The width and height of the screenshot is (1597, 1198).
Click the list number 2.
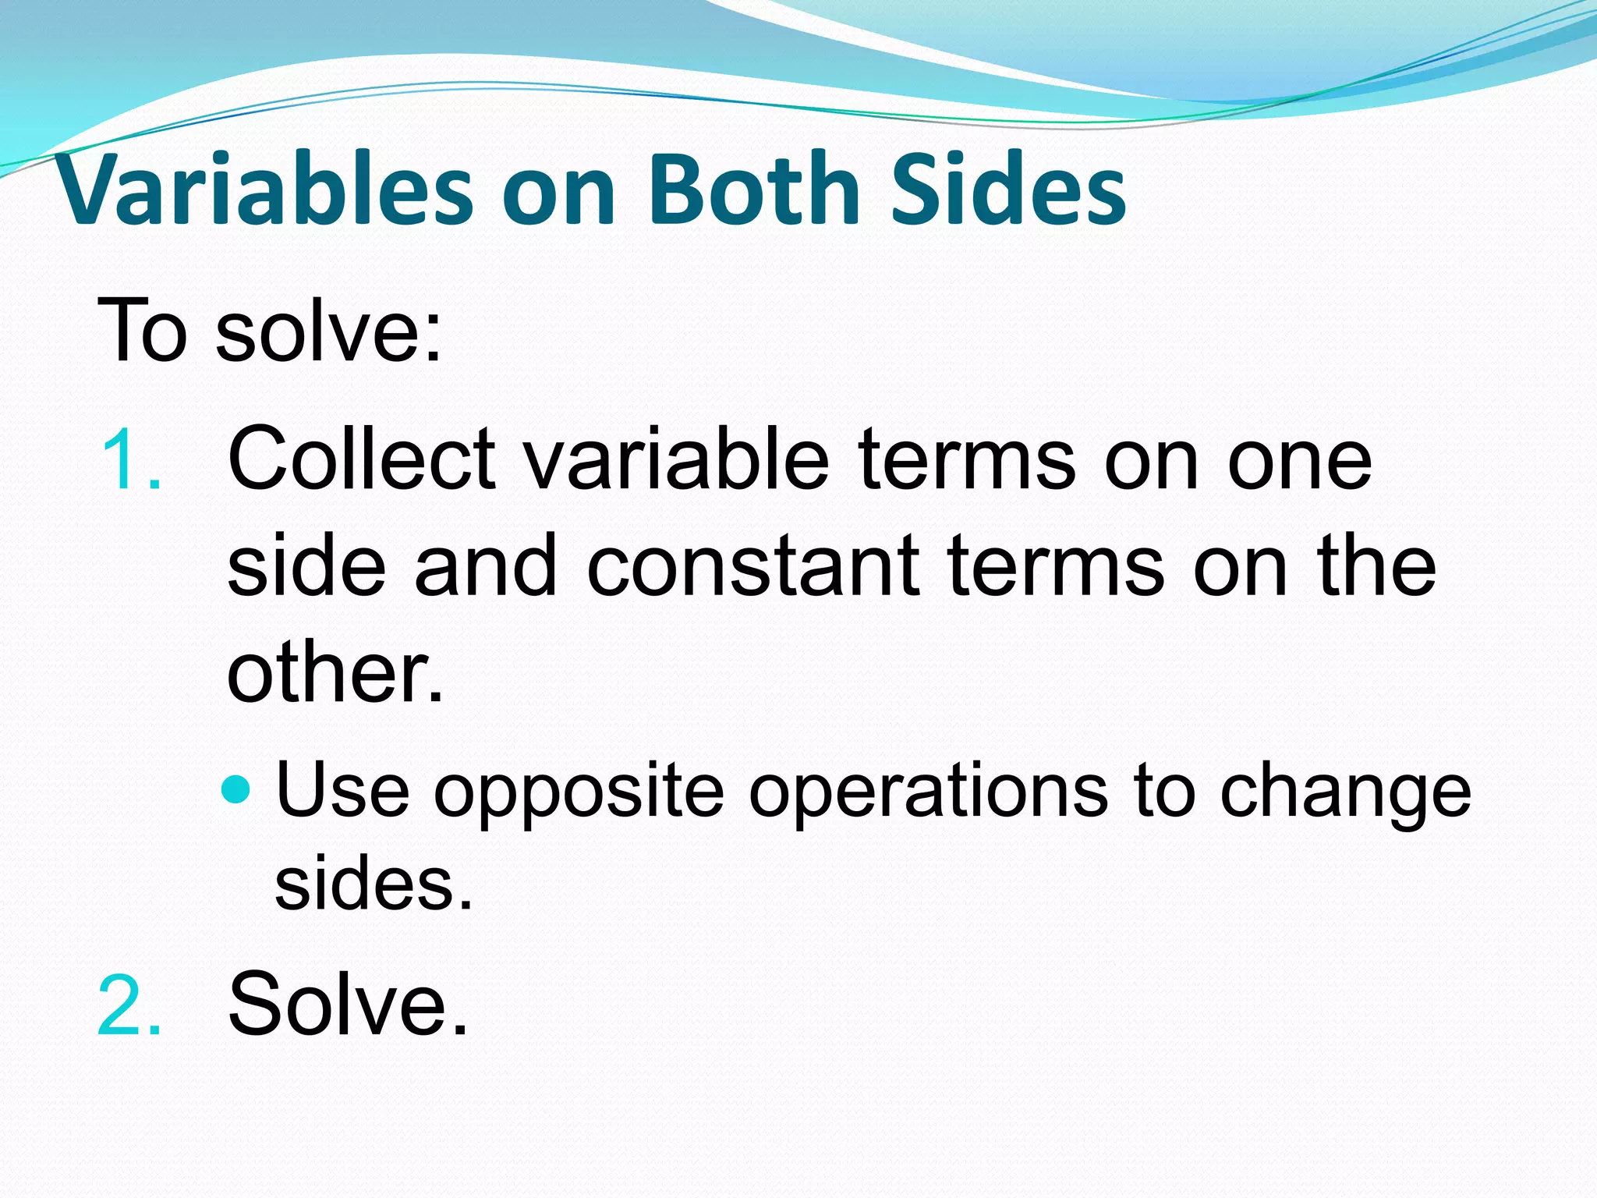tap(129, 1006)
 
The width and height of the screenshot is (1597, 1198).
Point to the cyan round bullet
tap(235, 790)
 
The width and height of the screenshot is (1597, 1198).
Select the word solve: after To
tap(328, 331)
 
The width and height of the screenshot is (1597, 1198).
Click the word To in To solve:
tap(143, 331)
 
